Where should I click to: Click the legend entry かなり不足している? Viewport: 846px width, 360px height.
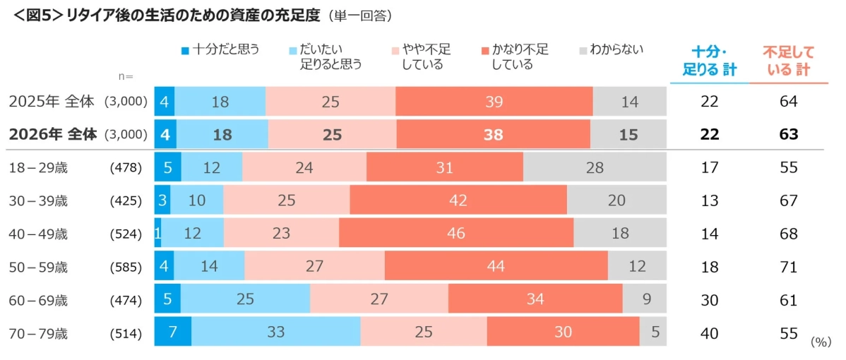[519, 57]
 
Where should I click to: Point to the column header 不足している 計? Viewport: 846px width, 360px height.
[788, 61]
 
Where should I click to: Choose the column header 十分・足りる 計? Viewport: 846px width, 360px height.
[709, 61]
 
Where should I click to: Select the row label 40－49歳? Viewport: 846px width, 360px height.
[39, 234]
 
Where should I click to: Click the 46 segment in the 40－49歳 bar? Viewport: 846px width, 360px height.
[456, 234]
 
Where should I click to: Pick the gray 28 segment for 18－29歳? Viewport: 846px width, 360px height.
[595, 168]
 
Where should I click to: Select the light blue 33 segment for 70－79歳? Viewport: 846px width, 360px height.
[276, 332]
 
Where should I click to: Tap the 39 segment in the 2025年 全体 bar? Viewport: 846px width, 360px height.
[494, 102]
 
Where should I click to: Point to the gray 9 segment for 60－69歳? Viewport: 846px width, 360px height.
[644, 299]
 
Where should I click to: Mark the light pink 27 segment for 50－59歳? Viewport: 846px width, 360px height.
[314, 267]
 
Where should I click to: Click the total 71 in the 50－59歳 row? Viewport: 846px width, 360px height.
[788, 267]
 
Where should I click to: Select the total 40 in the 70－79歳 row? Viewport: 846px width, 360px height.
[709, 332]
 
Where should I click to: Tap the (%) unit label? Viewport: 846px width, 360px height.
[821, 342]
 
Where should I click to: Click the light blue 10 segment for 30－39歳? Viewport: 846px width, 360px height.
[196, 200]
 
